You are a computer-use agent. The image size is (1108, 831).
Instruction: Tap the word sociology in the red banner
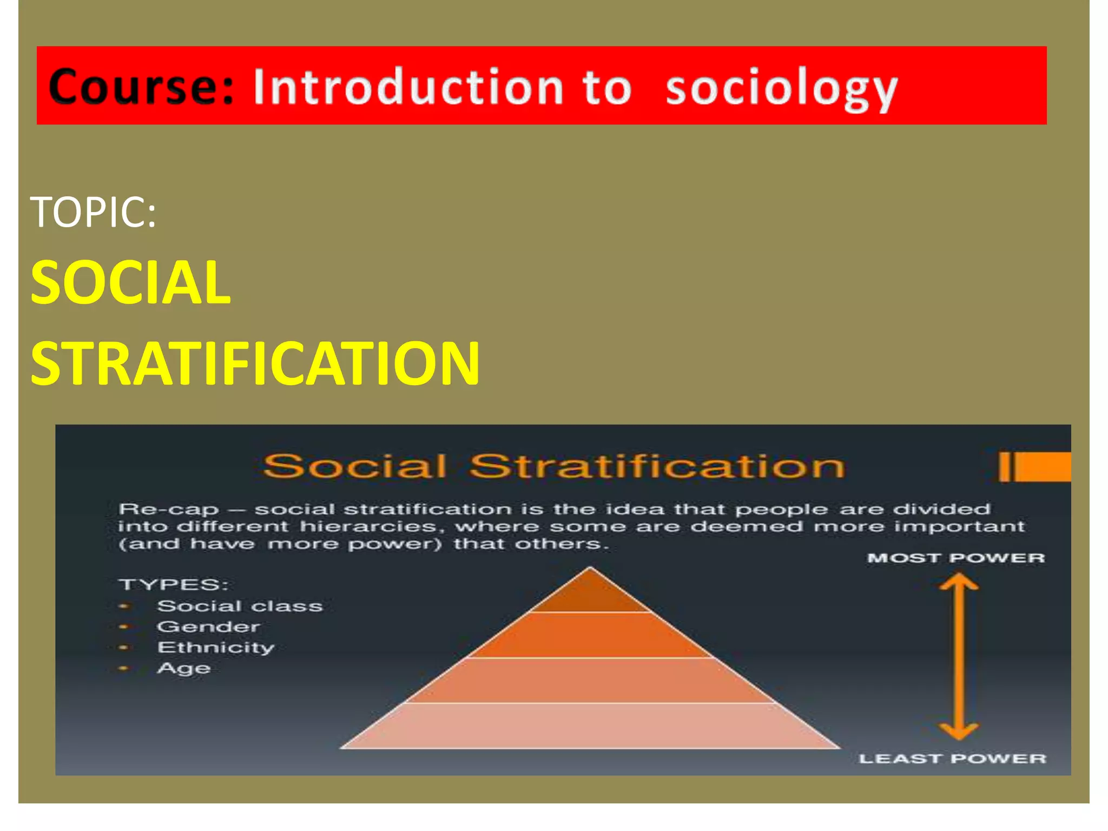coord(782,88)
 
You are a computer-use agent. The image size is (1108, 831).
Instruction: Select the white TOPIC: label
coord(93,212)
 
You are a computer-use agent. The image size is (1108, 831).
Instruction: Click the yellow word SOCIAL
coord(130,282)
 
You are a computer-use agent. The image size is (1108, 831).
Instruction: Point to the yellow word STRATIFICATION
coord(255,363)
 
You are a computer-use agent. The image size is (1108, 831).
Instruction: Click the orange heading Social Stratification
coord(553,466)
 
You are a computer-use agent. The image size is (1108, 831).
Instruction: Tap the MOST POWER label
coord(956,558)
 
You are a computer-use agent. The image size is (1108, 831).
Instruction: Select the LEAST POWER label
coord(952,759)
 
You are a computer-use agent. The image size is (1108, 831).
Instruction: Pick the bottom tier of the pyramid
coord(590,726)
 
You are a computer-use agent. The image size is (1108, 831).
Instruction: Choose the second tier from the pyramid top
coord(590,635)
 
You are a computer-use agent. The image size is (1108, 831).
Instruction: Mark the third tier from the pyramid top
coord(590,681)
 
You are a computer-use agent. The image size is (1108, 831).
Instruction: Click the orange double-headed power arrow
coord(959,657)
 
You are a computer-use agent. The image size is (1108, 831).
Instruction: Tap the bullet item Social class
coord(240,606)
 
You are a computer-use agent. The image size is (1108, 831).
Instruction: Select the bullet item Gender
coord(208,626)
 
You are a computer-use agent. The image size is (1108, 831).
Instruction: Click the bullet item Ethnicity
coord(216,648)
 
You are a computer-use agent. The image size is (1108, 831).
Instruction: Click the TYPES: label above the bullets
coord(173,585)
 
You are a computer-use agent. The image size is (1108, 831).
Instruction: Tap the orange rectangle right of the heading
coord(1041,466)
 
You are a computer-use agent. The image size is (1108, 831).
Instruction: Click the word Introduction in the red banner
coord(409,88)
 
